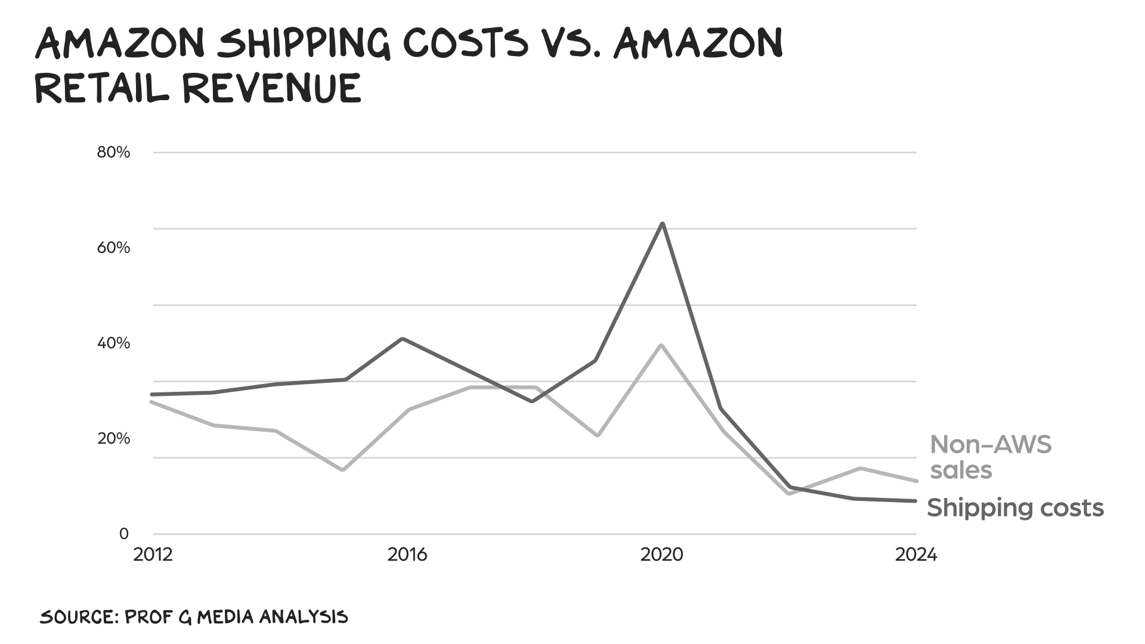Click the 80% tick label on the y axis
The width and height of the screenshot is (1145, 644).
(x=113, y=153)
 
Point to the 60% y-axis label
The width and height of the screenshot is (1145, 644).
(x=113, y=248)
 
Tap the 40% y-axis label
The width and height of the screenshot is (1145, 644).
(x=113, y=343)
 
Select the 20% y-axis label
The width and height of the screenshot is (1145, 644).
(x=113, y=439)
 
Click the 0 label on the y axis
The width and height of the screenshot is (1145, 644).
(x=124, y=534)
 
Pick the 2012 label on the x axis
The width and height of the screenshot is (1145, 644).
(x=153, y=555)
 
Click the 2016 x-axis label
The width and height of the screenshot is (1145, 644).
(x=407, y=555)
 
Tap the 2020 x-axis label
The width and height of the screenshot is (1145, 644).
(x=661, y=555)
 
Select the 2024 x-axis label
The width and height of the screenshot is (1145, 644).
(x=916, y=555)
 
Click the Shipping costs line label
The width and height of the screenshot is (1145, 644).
(x=1015, y=508)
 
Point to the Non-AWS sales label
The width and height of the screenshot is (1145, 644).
(x=990, y=457)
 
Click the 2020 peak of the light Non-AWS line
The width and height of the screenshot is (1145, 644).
(x=661, y=345)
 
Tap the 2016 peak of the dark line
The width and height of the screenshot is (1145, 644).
(x=403, y=339)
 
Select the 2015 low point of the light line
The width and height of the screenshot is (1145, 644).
(x=343, y=470)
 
